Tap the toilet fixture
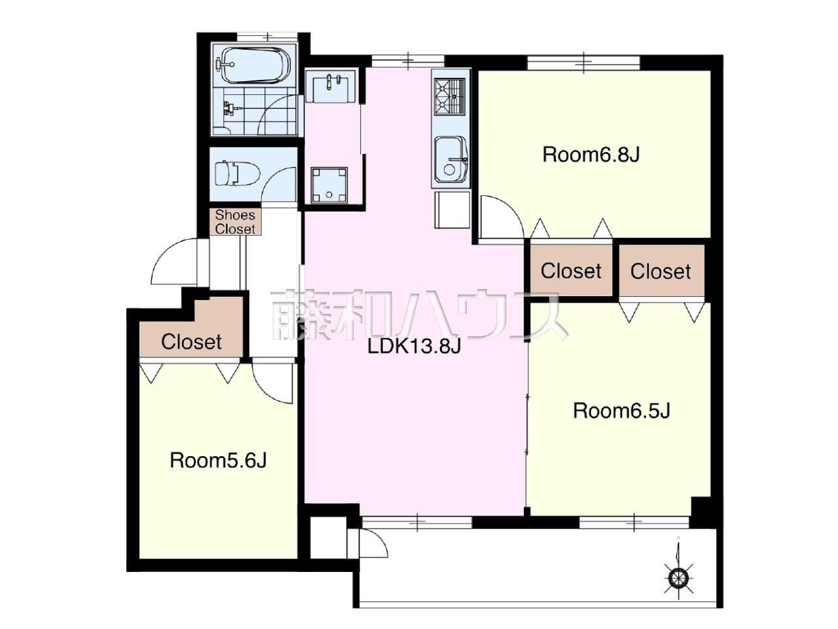click(x=237, y=174)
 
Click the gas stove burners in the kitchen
click(x=450, y=96)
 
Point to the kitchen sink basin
click(x=451, y=160)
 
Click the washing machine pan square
click(x=329, y=185)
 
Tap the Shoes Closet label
click(x=235, y=222)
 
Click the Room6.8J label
click(x=591, y=155)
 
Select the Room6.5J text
click(x=621, y=411)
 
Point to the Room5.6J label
click(x=218, y=461)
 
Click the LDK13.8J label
click(x=414, y=347)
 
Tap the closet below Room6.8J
click(x=571, y=271)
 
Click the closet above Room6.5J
click(x=661, y=271)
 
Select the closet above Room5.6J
click(x=191, y=336)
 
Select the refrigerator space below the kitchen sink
click(x=452, y=210)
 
